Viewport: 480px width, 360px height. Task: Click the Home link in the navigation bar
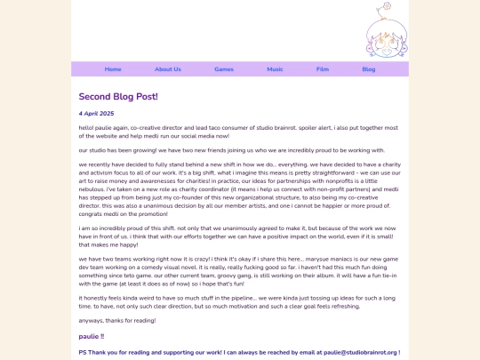pyautogui.click(x=113, y=69)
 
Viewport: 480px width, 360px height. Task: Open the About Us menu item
pyautogui.click(x=168, y=69)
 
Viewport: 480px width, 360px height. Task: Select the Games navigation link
pyautogui.click(x=224, y=69)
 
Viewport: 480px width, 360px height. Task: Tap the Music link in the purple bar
pyautogui.click(x=276, y=69)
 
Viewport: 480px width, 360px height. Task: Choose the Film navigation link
pyautogui.click(x=323, y=69)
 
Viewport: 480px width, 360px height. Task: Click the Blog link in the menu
pyautogui.click(x=369, y=69)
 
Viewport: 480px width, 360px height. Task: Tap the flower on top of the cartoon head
pyautogui.click(x=386, y=7)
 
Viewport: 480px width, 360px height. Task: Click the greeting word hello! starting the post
pyautogui.click(x=87, y=128)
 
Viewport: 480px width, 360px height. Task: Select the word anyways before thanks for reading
pyautogui.click(x=92, y=321)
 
